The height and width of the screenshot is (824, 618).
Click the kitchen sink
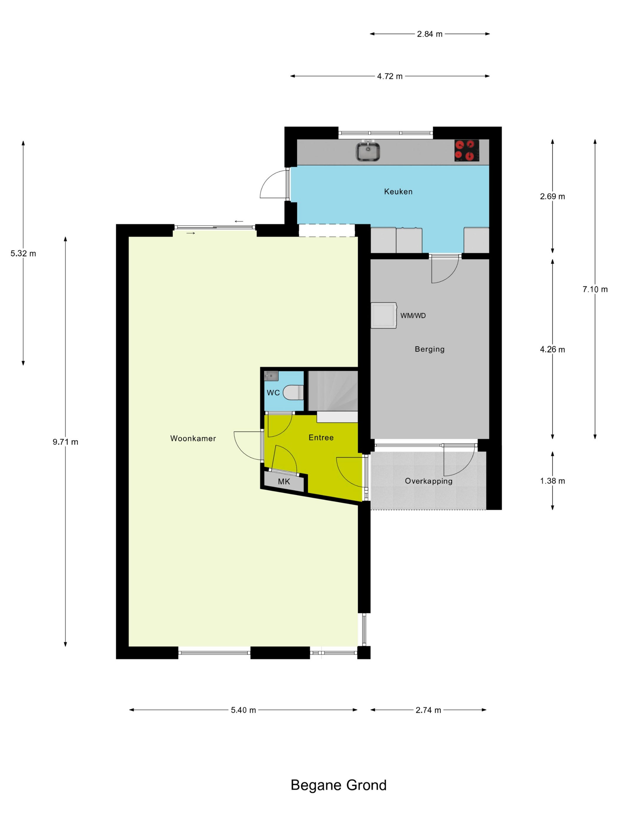[367, 151]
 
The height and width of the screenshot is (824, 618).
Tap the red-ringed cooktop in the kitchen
[466, 150]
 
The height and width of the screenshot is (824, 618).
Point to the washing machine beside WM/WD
[383, 315]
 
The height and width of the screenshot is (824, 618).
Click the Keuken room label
[398, 192]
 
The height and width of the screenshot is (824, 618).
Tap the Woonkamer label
[193, 438]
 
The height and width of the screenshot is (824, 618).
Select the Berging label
[429, 349]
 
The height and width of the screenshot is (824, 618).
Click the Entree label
[321, 437]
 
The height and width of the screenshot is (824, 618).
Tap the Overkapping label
[428, 481]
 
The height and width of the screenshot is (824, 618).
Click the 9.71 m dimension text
[65, 442]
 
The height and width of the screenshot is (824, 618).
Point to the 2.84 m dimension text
[429, 34]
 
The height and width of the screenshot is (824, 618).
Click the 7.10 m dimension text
[595, 289]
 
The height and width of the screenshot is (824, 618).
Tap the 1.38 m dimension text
[552, 481]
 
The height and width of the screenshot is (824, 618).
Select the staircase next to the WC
[333, 391]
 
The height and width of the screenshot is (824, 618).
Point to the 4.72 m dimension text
[390, 76]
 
